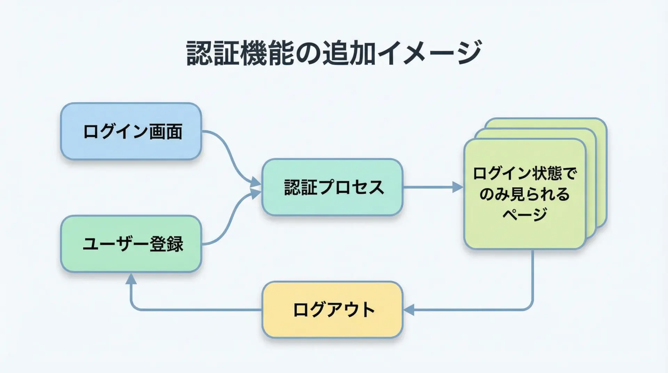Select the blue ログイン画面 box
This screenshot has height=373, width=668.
click(131, 132)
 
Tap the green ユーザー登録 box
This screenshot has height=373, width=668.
click(131, 244)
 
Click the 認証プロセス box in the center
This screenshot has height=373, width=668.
click(332, 187)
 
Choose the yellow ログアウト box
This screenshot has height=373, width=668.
click(332, 309)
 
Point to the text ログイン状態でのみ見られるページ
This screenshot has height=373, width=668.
click(525, 193)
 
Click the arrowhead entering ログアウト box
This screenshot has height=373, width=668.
click(409, 309)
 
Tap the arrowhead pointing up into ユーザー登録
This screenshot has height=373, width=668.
click(131, 278)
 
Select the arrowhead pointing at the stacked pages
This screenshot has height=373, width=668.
click(457, 187)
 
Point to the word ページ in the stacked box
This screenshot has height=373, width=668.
click(525, 214)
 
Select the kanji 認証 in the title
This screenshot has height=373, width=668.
click(213, 53)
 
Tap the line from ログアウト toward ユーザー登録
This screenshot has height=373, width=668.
click(195, 309)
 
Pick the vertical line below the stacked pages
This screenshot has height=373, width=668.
click(533, 278)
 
